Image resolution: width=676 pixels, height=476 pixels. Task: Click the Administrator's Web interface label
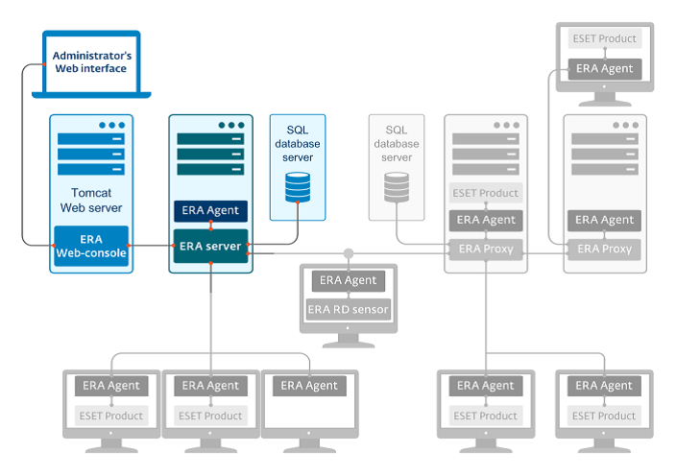[x=91, y=62]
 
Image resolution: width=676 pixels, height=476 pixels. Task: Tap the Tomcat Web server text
[x=91, y=201]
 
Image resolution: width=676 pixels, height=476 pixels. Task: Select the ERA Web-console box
[x=91, y=246]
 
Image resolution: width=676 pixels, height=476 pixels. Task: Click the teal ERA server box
[x=210, y=246]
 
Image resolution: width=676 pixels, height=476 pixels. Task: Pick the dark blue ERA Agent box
[x=210, y=210]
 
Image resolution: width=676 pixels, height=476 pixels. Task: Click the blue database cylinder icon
[x=298, y=187]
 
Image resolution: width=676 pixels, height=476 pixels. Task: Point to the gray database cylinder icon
[x=397, y=187]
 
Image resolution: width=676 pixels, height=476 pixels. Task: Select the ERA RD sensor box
[x=348, y=309]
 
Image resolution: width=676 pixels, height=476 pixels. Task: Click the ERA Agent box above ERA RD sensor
[x=348, y=280]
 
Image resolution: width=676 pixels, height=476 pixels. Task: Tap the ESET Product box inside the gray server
[x=486, y=193]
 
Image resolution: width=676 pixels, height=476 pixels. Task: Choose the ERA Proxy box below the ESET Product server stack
[x=486, y=250]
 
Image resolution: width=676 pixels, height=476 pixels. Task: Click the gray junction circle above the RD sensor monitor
[x=349, y=253]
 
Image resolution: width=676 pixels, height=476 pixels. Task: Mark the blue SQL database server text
[x=298, y=143]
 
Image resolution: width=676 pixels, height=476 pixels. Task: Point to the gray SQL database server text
[x=397, y=143]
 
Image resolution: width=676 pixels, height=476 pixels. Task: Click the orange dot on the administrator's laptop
[x=44, y=64]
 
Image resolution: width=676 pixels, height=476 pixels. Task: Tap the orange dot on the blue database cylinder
[x=298, y=202]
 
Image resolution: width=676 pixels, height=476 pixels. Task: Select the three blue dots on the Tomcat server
[x=112, y=125]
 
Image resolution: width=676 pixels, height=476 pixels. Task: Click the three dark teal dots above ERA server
[x=231, y=125]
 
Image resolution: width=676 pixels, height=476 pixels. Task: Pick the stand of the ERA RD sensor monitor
[x=349, y=341]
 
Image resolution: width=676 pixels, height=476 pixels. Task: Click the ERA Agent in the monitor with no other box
[x=309, y=386]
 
